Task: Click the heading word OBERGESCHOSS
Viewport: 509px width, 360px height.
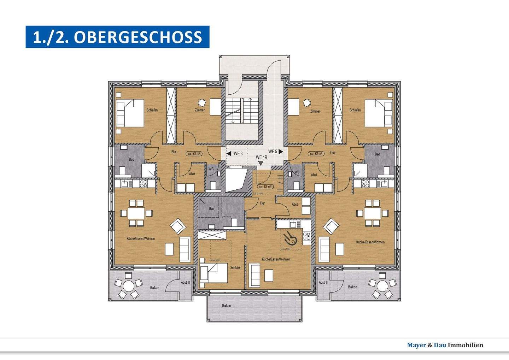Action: [138, 37]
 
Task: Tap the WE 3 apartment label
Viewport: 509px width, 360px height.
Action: [238, 154]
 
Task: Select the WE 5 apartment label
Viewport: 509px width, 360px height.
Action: [273, 152]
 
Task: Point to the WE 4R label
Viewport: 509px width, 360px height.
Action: [262, 157]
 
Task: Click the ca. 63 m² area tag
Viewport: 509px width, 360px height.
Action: [265, 187]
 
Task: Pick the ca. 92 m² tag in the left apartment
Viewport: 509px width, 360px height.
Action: [194, 154]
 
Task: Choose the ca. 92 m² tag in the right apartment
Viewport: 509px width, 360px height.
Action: [316, 154]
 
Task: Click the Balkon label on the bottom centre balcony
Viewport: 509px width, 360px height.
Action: [227, 306]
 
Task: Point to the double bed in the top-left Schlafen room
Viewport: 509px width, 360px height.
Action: [130, 113]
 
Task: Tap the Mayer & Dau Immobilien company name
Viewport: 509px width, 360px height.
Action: [445, 345]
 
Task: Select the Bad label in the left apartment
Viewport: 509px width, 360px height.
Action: [131, 159]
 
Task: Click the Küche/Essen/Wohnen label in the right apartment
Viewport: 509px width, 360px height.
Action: [370, 242]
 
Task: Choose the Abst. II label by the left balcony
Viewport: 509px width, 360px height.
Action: [185, 282]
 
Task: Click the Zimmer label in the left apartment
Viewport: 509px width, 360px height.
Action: [200, 110]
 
